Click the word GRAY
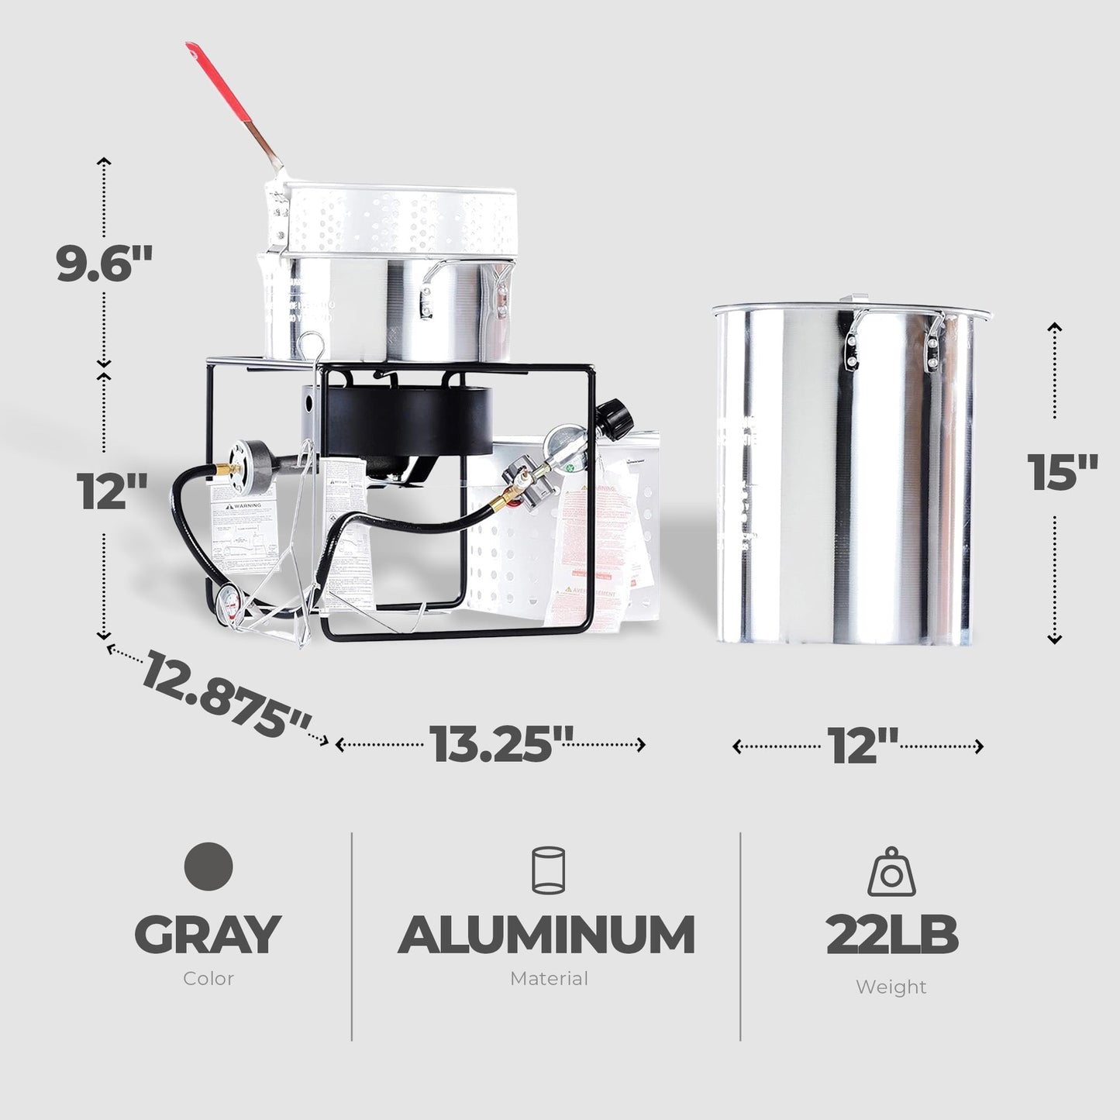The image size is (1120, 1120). coord(208,935)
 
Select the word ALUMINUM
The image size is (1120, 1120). coord(546,935)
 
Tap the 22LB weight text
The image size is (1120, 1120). coord(891,936)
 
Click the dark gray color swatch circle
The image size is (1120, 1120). coord(209,866)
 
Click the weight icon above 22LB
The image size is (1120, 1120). coord(891,872)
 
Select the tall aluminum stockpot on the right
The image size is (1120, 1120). coord(853,473)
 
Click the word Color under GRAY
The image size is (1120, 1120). coord(208,979)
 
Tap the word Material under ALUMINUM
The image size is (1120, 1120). coord(548,979)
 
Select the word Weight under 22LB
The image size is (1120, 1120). coord(891,987)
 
